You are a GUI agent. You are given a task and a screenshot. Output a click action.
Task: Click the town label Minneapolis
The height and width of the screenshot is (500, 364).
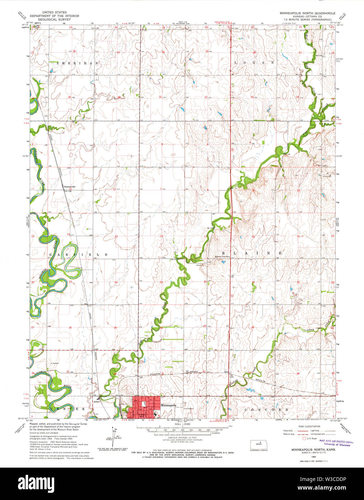(168, 405)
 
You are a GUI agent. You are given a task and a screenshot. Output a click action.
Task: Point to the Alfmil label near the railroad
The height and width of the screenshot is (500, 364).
(96, 401)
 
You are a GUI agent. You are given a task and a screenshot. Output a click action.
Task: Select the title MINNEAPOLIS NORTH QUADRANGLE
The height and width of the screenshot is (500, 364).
(308, 13)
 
